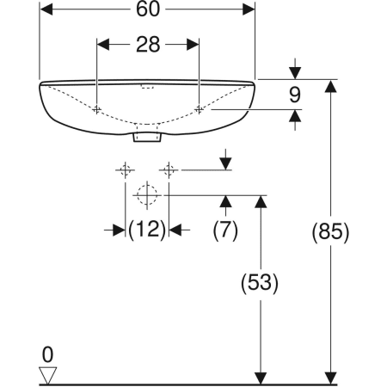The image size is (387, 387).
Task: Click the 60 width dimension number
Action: [147, 9]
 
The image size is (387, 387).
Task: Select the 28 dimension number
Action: [148, 45]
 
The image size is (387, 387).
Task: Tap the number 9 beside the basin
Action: [295, 95]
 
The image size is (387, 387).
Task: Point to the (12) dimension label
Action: [147, 230]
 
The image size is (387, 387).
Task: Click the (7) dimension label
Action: [225, 230]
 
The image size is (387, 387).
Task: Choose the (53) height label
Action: [260, 283]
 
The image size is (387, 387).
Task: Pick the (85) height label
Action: [330, 231]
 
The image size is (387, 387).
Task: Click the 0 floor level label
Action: [47, 354]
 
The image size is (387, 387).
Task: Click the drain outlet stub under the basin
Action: [147, 137]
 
